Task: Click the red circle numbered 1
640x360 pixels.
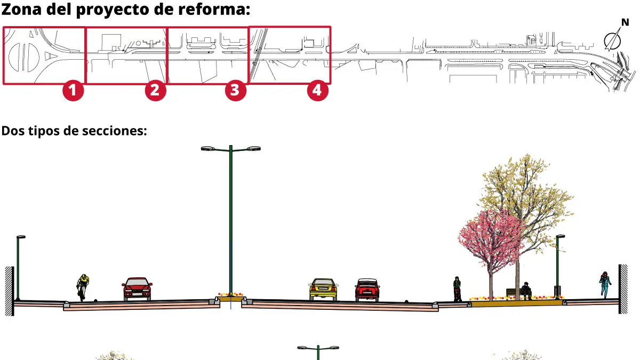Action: tap(73, 90)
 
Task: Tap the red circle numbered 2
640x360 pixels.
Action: tap(155, 90)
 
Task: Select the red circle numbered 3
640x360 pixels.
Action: tap(235, 90)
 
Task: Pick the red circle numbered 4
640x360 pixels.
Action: tap(317, 90)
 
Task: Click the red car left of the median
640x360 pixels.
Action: tap(137, 289)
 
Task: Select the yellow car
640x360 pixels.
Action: tap(323, 289)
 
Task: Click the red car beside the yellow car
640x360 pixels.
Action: tap(367, 290)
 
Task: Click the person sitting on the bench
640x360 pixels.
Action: tap(526, 291)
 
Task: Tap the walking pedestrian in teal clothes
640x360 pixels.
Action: tap(605, 284)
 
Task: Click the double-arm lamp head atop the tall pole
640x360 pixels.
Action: tap(230, 148)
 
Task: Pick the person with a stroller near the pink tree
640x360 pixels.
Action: tap(457, 289)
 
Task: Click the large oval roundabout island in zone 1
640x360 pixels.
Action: tap(30, 56)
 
